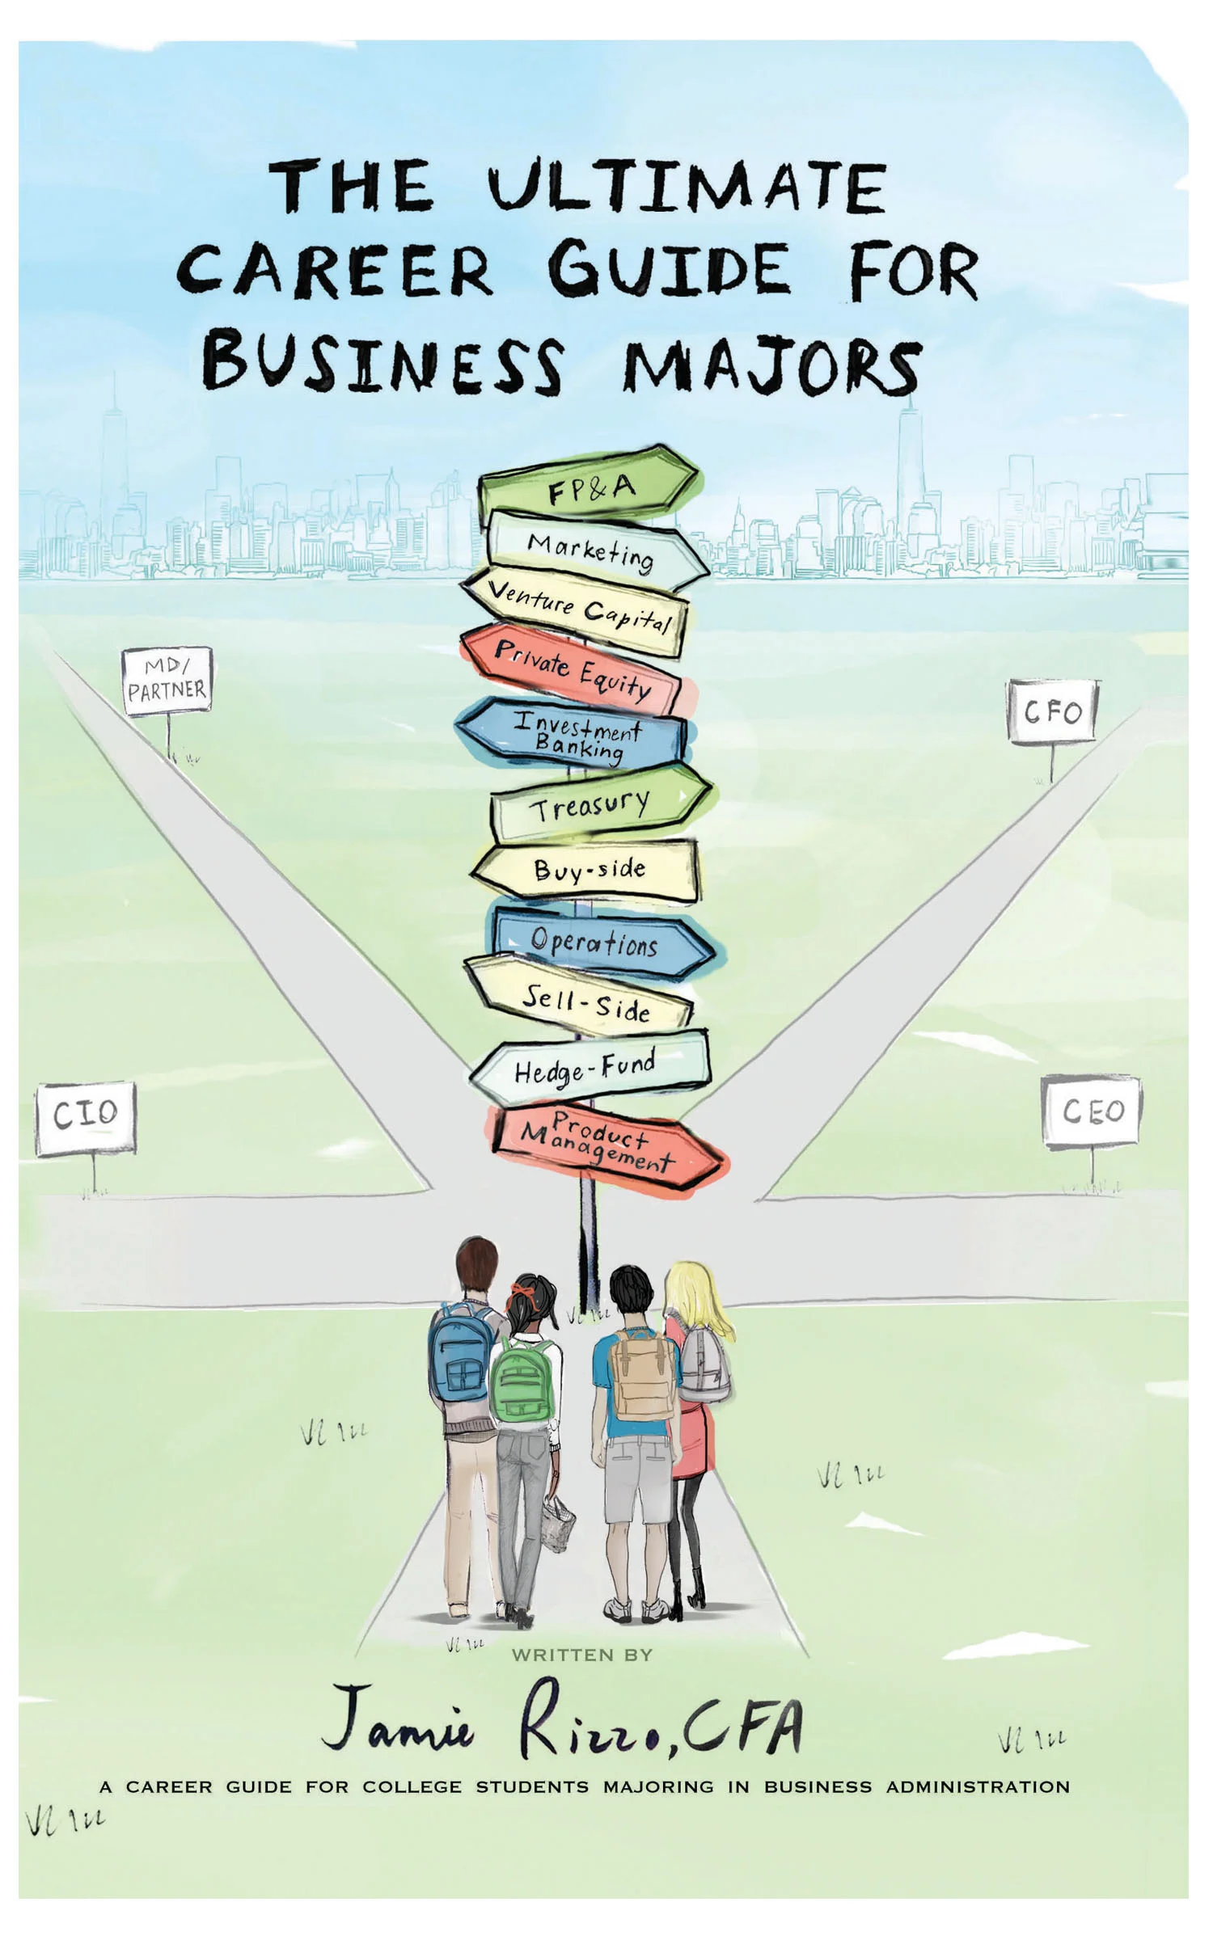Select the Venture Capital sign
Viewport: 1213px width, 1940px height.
(x=578, y=609)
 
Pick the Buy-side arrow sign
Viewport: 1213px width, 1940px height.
(x=589, y=871)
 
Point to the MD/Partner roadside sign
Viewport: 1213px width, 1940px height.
(x=167, y=681)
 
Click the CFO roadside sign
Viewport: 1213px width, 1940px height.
(x=1051, y=711)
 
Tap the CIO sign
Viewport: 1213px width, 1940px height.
(x=86, y=1117)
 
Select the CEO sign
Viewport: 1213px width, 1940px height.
(x=1092, y=1111)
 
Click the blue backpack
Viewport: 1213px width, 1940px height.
(x=459, y=1364)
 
